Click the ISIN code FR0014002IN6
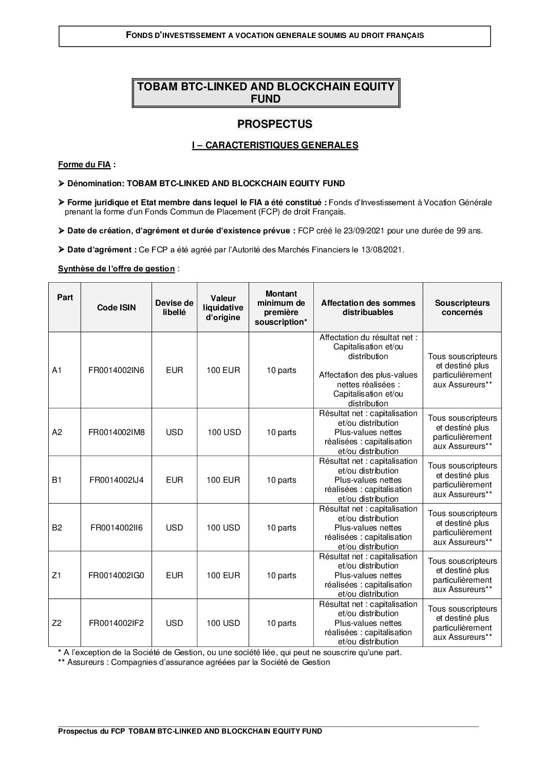point(117,370)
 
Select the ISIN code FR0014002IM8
point(117,432)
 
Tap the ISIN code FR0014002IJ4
point(117,480)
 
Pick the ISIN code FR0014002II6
point(117,528)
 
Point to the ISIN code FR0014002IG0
point(117,576)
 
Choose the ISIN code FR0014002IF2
point(117,623)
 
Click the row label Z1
point(57,576)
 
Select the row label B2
point(57,528)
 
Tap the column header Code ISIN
point(117,308)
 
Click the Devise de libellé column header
point(175,308)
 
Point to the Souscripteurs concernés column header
point(462,308)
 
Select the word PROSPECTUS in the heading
point(275,124)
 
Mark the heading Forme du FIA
point(85,165)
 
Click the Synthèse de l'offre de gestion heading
point(117,269)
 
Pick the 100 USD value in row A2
point(224,432)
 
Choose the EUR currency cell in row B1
point(175,480)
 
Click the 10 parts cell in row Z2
point(281,623)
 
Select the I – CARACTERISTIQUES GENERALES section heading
point(275,146)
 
